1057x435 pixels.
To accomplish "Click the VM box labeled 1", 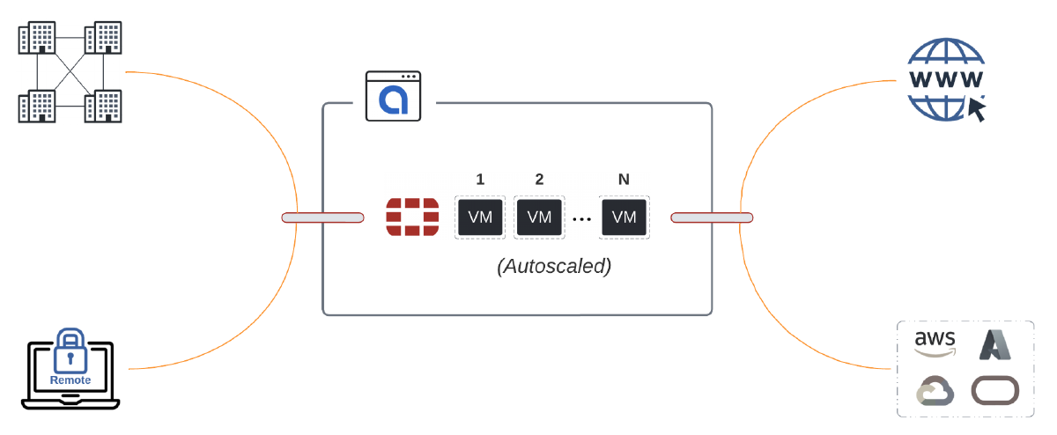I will point(480,217).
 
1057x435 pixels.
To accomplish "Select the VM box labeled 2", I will point(539,217).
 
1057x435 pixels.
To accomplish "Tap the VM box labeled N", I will point(624,217).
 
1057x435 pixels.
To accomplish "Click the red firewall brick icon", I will point(412,217).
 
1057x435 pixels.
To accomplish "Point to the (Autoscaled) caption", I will point(553,266).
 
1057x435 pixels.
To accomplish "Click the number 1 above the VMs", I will point(480,180).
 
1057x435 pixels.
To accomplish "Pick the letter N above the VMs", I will point(624,180).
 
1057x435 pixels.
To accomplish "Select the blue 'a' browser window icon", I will point(394,97).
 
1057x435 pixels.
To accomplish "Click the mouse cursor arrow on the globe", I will point(977,109).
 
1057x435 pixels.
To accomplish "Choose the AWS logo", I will point(935,343).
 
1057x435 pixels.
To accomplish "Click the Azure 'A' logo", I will point(994,343).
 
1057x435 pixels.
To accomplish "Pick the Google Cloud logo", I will point(935,390).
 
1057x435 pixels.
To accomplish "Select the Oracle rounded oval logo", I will point(994,390).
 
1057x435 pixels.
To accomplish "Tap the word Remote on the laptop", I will point(70,380).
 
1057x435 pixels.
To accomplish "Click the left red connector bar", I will point(322,217).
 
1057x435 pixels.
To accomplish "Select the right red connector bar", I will point(712,217).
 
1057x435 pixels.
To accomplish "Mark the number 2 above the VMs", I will point(539,180).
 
